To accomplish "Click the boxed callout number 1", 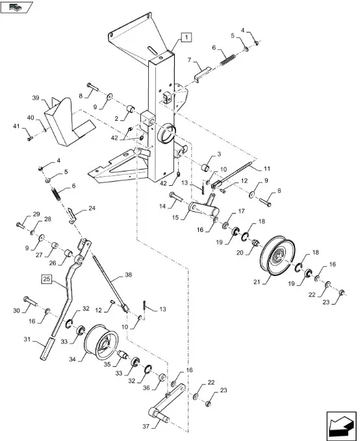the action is click(x=186, y=37).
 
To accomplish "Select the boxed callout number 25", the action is click(x=47, y=279).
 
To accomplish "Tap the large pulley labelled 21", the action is click(x=278, y=255).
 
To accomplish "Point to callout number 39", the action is click(x=36, y=98).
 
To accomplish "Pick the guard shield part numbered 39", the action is click(x=68, y=121).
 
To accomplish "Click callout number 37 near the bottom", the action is click(x=146, y=426).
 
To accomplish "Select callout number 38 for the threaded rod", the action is click(x=129, y=275).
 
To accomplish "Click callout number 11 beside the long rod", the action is click(x=267, y=168).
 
